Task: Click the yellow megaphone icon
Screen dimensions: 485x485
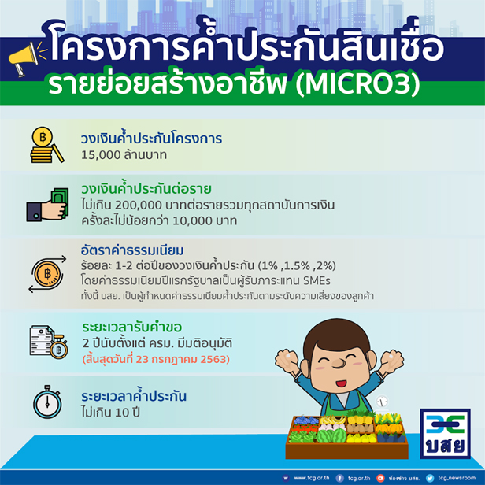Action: pyautogui.click(x=25, y=57)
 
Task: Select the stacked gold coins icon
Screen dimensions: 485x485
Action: pyautogui.click(x=46, y=144)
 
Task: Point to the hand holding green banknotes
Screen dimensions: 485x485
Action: pyautogui.click(x=47, y=204)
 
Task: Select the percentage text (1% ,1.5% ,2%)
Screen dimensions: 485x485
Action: pyautogui.click(x=297, y=265)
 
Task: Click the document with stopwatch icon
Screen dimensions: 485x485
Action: pyautogui.click(x=48, y=342)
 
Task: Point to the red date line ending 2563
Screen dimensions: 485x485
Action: pyautogui.click(x=156, y=359)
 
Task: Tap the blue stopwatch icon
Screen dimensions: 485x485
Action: pyautogui.click(x=47, y=402)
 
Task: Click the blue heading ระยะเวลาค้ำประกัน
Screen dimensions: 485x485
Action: pyautogui.click(x=134, y=395)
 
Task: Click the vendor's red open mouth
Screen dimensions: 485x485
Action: pyautogui.click(x=341, y=383)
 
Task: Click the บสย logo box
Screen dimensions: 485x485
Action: pyautogui.click(x=445, y=433)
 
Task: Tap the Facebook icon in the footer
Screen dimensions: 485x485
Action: pyautogui.click(x=340, y=478)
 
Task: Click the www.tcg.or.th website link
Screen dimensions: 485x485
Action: pyautogui.click(x=312, y=478)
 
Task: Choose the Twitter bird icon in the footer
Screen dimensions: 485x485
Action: pyautogui.click(x=430, y=478)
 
